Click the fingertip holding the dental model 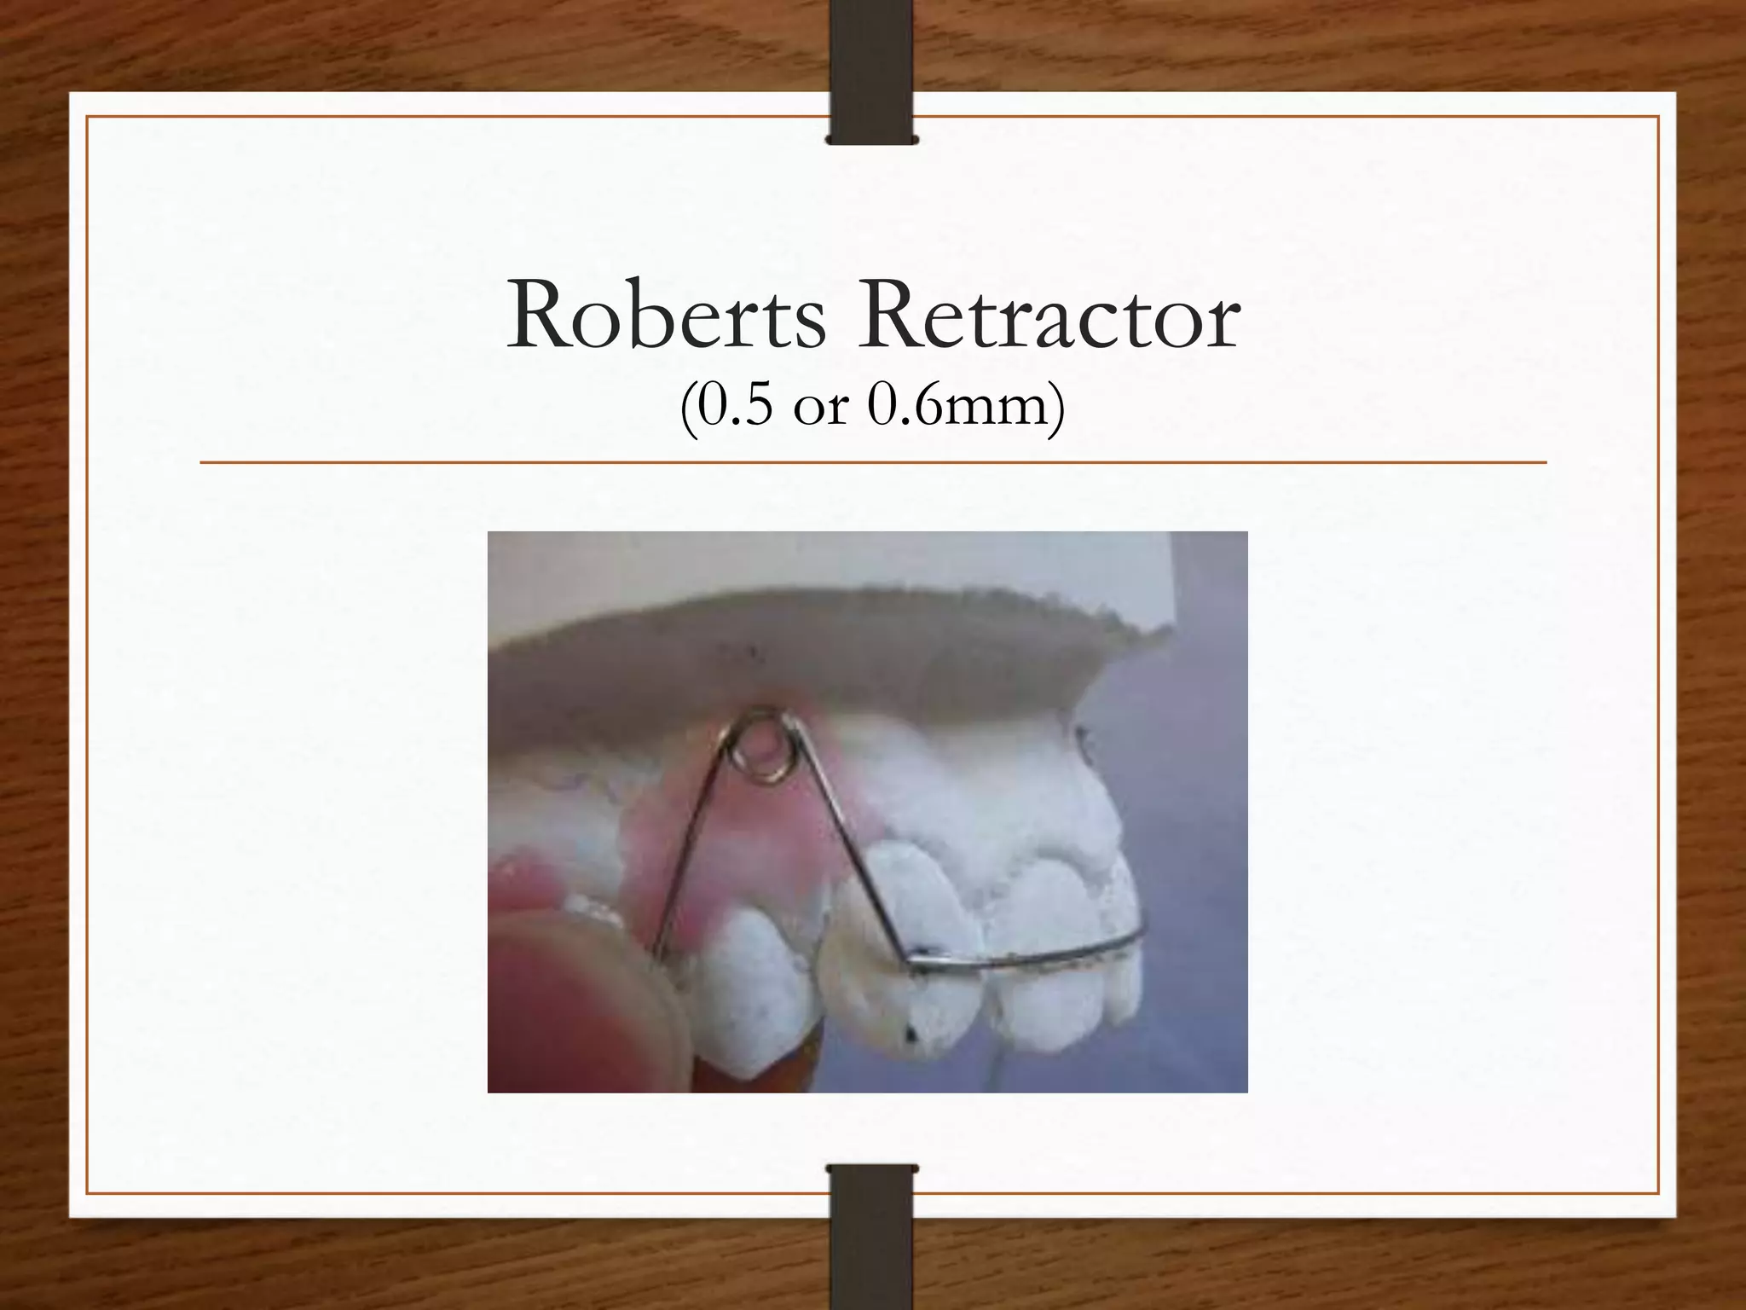click(563, 998)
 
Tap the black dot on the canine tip click(911, 1035)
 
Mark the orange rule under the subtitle click(873, 463)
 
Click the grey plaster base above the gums click(853, 648)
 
